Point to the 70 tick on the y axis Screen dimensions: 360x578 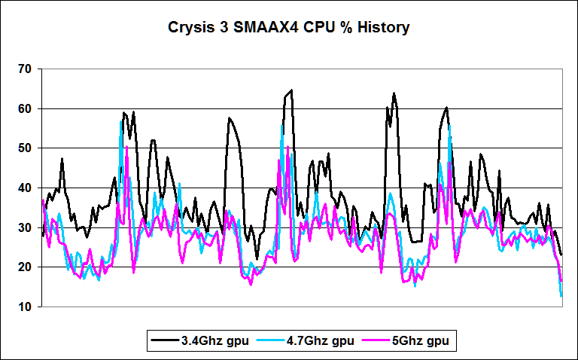25,69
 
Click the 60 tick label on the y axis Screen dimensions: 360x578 25,108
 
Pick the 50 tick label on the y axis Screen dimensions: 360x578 25,148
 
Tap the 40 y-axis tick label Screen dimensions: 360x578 25,188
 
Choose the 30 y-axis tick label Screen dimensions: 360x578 25,227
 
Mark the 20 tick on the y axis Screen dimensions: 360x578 25,267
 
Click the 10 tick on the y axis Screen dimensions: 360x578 25,307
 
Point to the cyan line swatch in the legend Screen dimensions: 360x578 269,340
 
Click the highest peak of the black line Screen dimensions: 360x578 291,90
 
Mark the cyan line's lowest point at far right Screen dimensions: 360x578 561,296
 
